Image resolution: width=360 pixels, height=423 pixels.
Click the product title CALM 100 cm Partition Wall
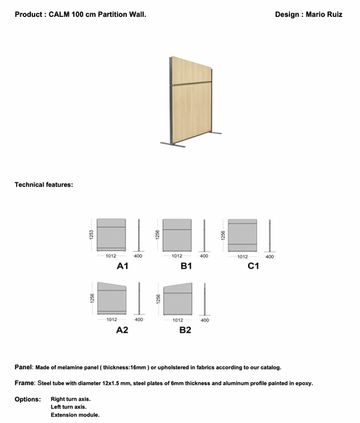98,14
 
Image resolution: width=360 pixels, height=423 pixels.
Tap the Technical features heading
44,185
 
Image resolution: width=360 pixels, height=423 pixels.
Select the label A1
122,266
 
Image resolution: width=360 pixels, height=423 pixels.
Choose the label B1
186,266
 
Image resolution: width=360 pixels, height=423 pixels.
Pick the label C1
253,266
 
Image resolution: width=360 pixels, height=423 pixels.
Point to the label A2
122,330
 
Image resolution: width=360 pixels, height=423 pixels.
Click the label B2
185,330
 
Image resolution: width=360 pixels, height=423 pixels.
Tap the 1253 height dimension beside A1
92,235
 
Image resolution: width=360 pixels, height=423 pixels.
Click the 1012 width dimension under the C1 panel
242,256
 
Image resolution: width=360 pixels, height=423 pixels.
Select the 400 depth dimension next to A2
139,319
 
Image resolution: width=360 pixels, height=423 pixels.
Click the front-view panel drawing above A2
111,299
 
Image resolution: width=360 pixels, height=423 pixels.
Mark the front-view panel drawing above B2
177,299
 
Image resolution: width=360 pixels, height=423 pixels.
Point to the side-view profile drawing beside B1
204,235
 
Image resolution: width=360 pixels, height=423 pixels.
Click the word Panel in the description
23,367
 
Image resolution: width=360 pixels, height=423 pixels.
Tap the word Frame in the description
24,384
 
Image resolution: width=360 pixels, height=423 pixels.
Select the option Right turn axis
70,399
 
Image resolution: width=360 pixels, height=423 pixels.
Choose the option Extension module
75,415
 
